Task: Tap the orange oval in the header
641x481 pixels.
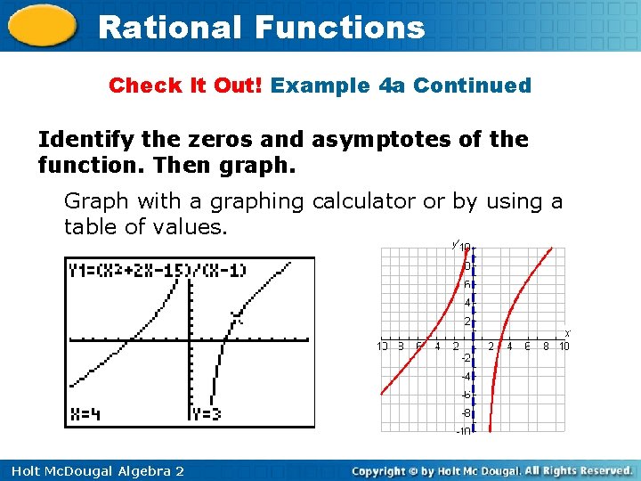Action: click(42, 27)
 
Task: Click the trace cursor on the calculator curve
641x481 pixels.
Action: click(235, 314)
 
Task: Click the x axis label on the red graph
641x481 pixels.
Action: click(567, 333)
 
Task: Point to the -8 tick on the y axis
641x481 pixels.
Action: click(466, 413)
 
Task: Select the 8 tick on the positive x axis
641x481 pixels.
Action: click(546, 346)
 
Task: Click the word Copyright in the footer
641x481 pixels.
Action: click(384, 470)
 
